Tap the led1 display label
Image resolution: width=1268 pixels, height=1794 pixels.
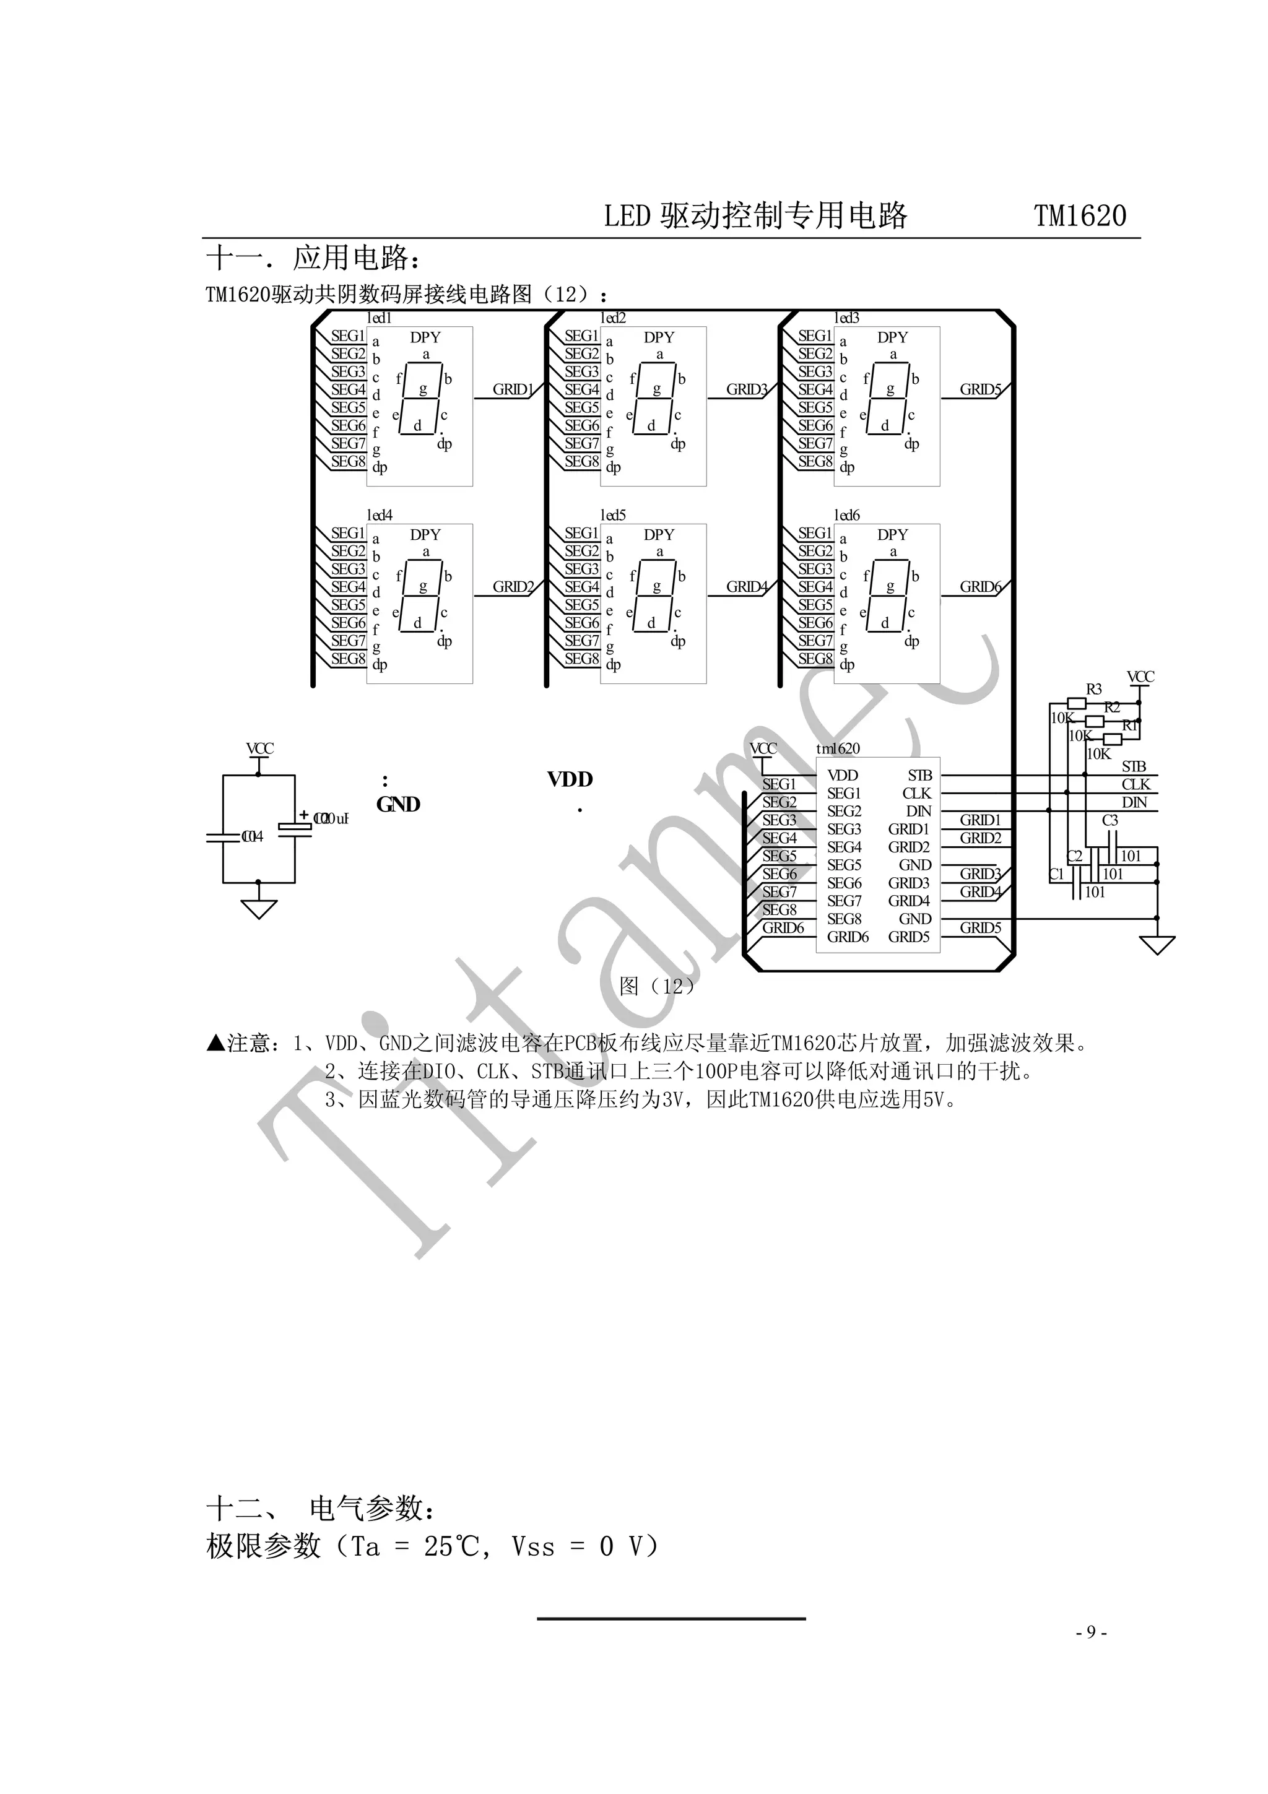coord(379,318)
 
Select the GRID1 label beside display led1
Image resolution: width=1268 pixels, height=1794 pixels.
coord(513,389)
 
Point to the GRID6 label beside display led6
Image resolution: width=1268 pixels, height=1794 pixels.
coord(979,587)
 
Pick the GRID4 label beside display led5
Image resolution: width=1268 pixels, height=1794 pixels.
coord(746,587)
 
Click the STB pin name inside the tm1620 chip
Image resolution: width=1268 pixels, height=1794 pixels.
coord(919,775)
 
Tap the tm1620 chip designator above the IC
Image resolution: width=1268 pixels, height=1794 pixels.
coord(838,748)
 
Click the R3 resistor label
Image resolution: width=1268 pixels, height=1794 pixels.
coord(1094,689)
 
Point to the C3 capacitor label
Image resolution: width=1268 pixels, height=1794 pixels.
coord(1109,820)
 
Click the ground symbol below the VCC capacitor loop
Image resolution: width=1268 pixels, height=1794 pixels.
coord(259,909)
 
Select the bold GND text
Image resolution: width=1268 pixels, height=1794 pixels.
coord(399,804)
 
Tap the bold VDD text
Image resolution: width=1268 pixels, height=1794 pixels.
coord(570,779)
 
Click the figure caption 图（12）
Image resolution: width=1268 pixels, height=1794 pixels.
coord(656,986)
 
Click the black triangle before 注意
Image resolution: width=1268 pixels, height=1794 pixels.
coord(215,1043)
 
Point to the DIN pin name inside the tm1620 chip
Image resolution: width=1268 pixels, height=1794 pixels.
coord(918,811)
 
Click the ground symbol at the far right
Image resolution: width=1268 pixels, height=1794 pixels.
coord(1157,945)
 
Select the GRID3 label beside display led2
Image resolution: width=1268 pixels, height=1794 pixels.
coord(746,389)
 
